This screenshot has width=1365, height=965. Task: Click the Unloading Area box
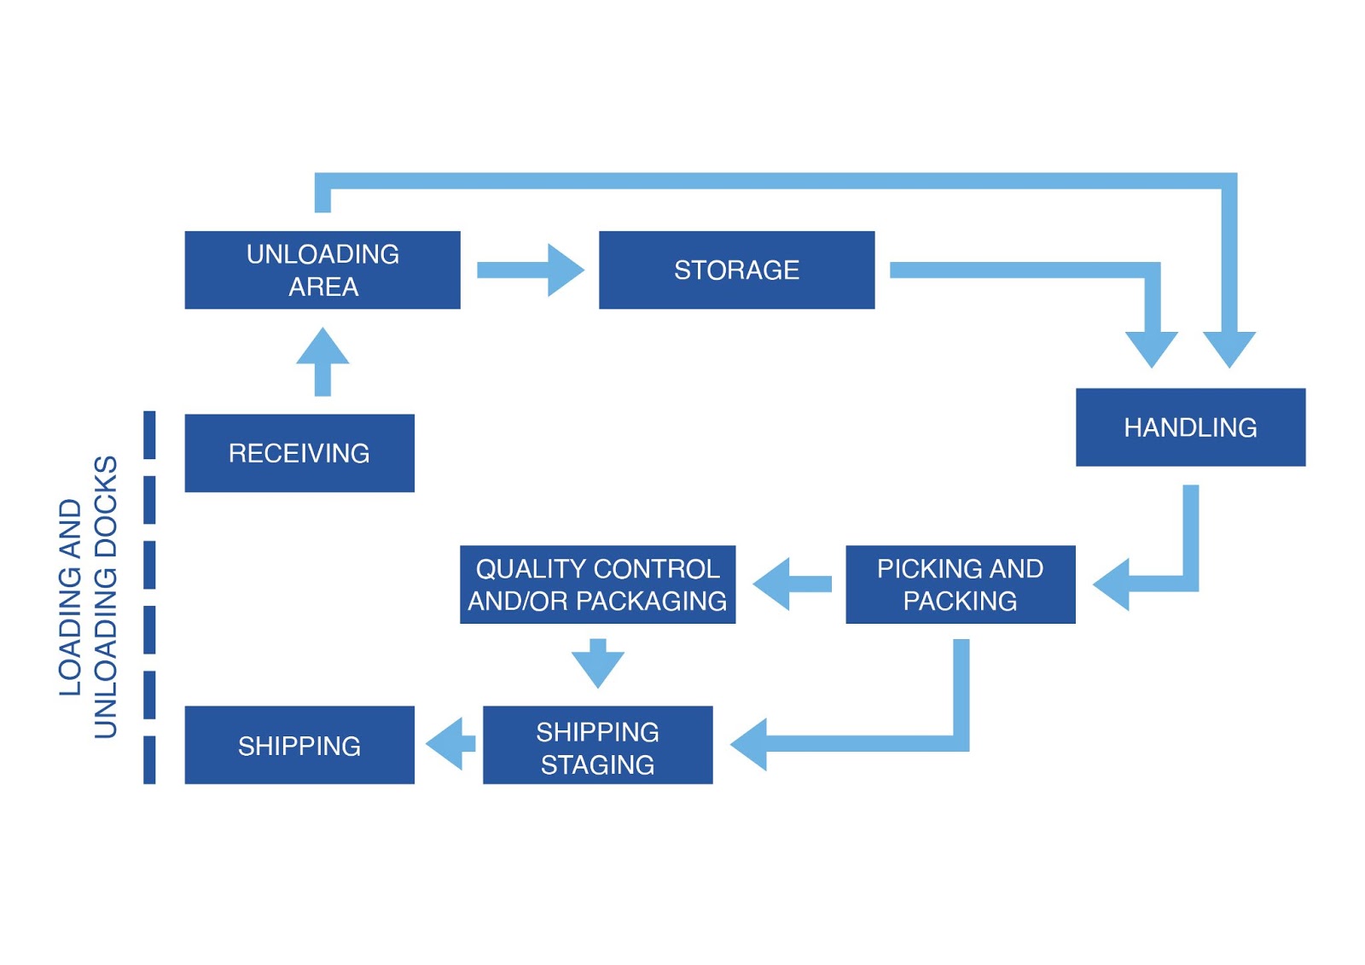click(322, 270)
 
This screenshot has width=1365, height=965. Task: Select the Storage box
click(736, 270)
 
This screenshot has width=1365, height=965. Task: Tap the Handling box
click(1190, 427)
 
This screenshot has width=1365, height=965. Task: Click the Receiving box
click(299, 453)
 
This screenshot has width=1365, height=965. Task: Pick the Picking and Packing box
click(960, 584)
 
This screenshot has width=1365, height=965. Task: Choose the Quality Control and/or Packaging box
click(597, 584)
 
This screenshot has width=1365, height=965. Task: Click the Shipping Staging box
click(597, 745)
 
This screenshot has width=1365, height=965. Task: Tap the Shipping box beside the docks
click(299, 745)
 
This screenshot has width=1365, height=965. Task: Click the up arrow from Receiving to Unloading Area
click(322, 362)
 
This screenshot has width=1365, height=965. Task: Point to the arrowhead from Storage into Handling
click(1152, 348)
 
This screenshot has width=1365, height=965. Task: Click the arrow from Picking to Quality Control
click(792, 584)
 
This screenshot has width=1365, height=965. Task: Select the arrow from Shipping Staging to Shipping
click(450, 744)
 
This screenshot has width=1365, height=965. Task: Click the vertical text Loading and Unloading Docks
click(87, 597)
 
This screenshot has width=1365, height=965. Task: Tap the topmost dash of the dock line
click(150, 434)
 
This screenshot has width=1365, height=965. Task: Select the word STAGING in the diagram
click(597, 764)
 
